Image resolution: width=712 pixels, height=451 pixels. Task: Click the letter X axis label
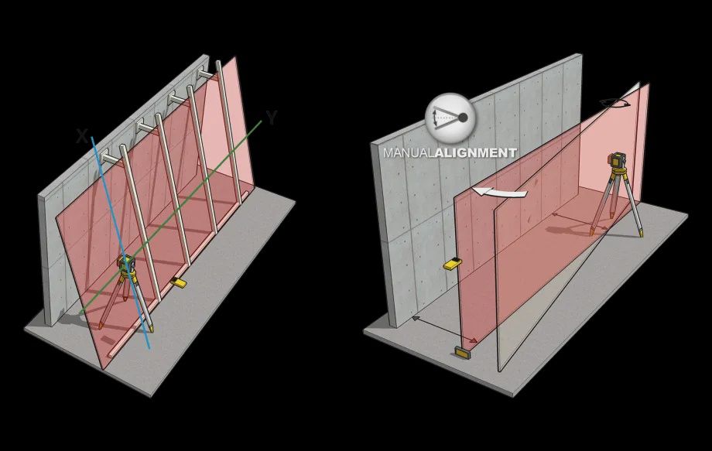point(82,136)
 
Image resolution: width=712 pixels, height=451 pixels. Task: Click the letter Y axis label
point(272,118)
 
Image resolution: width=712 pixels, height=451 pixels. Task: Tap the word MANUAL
point(409,153)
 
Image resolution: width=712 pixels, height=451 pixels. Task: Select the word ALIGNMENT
point(476,153)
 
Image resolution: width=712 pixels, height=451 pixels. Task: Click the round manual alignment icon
point(450,118)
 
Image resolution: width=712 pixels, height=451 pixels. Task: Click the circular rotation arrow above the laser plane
point(614,104)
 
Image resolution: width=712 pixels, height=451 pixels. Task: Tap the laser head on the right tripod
point(615,161)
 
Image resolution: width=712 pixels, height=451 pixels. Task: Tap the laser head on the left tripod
point(125,263)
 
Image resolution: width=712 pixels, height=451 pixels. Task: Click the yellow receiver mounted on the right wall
point(454,263)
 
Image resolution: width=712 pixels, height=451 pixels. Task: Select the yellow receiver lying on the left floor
point(178,282)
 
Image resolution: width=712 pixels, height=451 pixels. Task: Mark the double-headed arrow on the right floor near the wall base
point(444,330)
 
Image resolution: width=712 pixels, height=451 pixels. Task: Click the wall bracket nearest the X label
point(108,157)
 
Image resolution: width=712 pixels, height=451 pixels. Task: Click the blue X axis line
point(120,242)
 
